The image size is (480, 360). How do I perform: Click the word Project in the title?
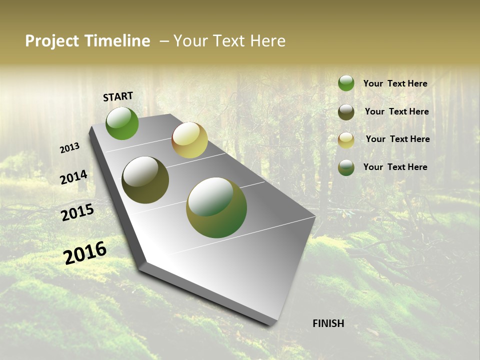50,41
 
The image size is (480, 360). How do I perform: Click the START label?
118,96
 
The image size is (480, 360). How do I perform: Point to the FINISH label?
328,323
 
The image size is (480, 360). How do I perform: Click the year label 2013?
69,148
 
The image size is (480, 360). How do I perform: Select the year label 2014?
73,177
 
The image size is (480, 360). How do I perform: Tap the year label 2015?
77,212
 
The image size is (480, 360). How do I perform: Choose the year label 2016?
85,252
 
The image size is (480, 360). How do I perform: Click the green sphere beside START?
122,123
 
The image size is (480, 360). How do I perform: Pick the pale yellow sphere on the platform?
189,140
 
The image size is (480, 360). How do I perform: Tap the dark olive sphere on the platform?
145,180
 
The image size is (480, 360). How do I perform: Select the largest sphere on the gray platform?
216,207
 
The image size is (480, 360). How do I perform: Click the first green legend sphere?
346,83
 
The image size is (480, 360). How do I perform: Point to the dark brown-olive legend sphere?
346,112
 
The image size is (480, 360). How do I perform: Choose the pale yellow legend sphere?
346,140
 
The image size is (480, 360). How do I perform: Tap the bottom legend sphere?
346,167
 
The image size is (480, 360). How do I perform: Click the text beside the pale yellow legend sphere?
397,139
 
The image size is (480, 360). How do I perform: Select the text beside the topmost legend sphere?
395,83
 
